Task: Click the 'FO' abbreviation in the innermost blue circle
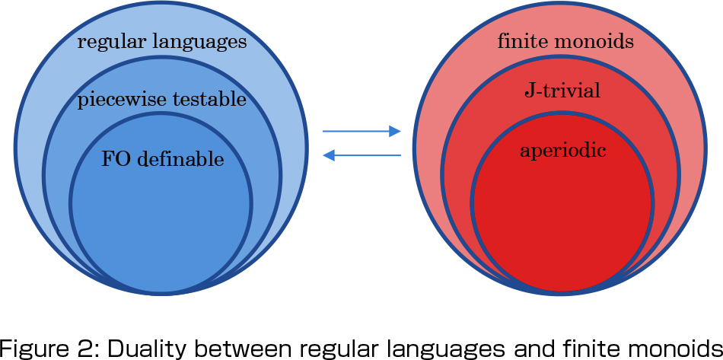click(x=113, y=159)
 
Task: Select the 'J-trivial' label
click(x=563, y=91)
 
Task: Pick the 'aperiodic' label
click(x=563, y=151)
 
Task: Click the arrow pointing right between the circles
click(x=361, y=132)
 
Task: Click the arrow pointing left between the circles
click(x=361, y=156)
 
